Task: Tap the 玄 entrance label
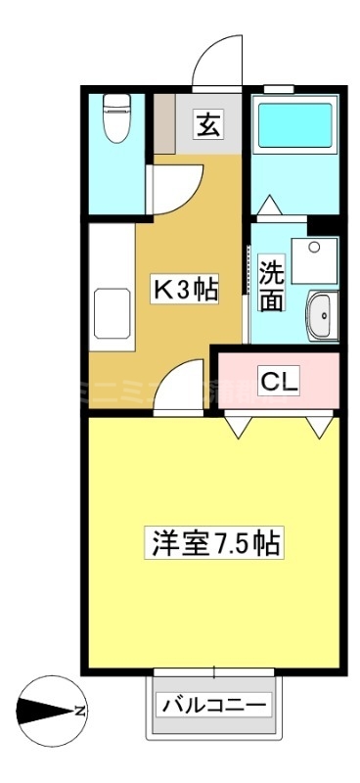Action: tap(206, 124)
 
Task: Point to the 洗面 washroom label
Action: tap(272, 284)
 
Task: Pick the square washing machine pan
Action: tap(316, 260)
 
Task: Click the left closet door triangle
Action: tap(238, 427)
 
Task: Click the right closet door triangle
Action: tap(319, 427)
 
